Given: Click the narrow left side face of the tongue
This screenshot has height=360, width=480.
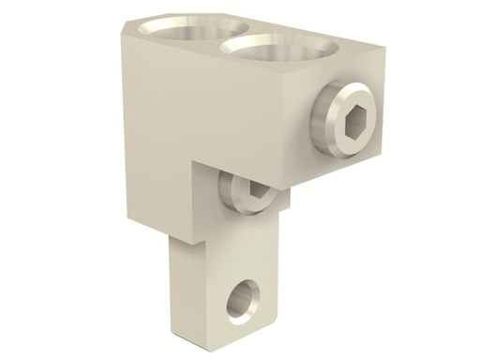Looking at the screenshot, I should [x=175, y=281].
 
